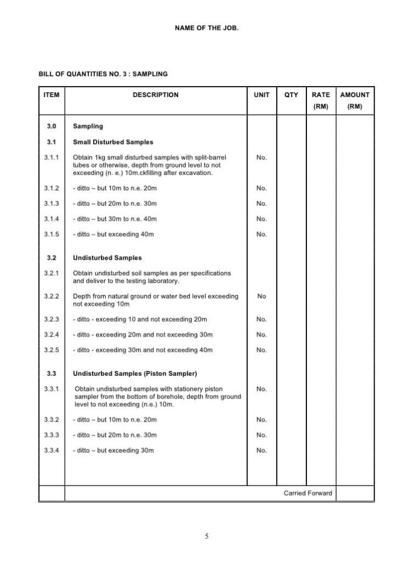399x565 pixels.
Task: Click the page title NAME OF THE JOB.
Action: click(x=207, y=27)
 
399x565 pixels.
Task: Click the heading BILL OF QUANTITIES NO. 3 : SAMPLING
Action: click(x=103, y=73)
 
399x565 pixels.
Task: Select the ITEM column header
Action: click(x=51, y=95)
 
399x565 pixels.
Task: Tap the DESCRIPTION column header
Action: click(x=155, y=95)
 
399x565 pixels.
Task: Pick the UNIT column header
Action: click(x=262, y=95)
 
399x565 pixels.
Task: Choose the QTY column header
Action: click(x=291, y=95)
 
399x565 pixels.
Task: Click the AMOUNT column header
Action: click(x=355, y=95)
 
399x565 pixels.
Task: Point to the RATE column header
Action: click(x=321, y=95)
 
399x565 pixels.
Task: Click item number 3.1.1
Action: click(x=51, y=158)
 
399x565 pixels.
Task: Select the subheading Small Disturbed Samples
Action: click(x=113, y=142)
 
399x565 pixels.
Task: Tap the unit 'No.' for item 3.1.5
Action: click(x=262, y=234)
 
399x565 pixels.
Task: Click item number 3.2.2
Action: click(x=51, y=296)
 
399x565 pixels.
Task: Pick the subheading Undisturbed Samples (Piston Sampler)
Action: click(x=135, y=374)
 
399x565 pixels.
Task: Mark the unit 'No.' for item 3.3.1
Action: click(x=262, y=389)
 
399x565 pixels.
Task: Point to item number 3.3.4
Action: click(x=51, y=451)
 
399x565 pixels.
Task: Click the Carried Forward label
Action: click(x=308, y=493)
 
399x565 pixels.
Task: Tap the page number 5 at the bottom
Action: click(x=207, y=536)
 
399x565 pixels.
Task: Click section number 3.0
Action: click(x=51, y=126)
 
